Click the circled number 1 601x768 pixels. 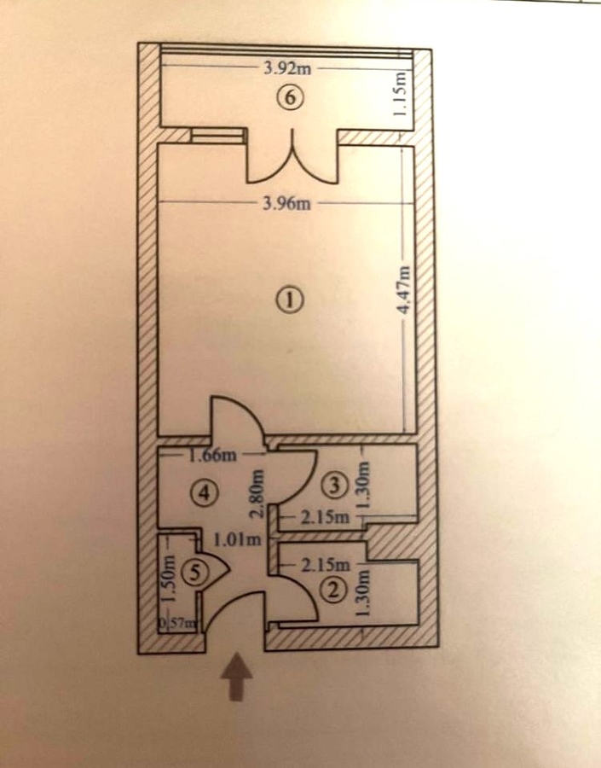point(292,299)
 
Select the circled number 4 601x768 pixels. point(204,492)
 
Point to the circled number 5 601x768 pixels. point(196,573)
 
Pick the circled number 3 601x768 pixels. point(336,486)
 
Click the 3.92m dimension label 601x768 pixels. point(287,68)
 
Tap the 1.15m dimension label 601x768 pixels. point(402,94)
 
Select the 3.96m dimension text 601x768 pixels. point(286,202)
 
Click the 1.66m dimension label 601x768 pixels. point(213,456)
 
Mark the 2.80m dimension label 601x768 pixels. point(257,494)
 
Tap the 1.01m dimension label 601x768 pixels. point(237,540)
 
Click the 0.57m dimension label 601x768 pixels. point(180,624)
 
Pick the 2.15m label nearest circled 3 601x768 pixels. point(326,517)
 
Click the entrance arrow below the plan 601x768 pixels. point(236,677)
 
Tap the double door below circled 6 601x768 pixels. point(292,157)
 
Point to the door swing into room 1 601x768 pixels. point(239,416)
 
